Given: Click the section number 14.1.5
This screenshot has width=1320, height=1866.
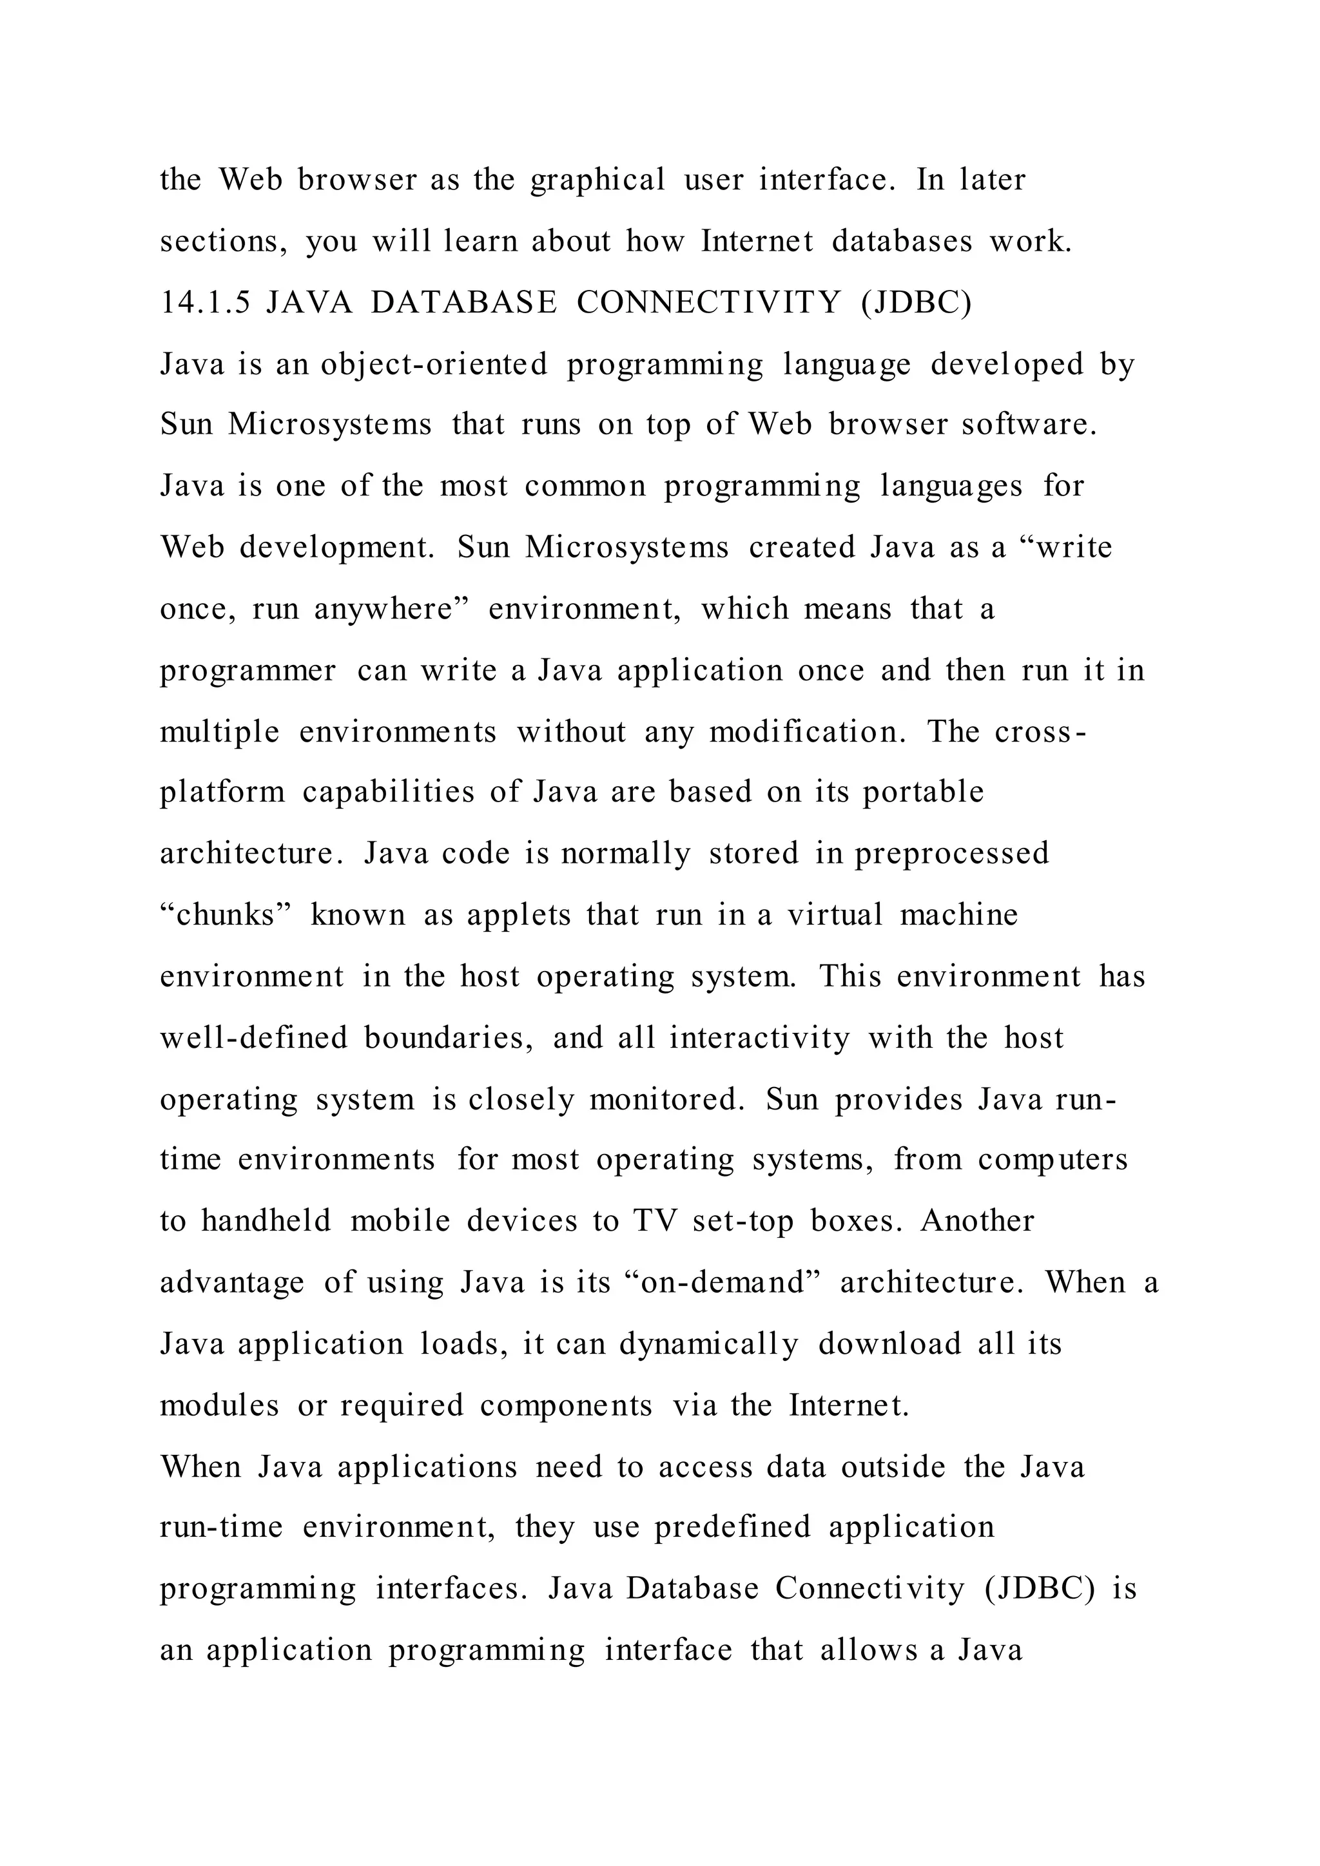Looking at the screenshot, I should [205, 303].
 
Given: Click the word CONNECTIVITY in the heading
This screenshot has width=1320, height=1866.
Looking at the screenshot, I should [709, 303].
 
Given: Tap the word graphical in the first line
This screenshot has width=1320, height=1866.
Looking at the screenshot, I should [597, 180].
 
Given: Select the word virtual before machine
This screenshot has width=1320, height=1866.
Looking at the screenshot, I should [835, 915].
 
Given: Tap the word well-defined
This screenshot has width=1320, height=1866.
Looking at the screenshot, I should [253, 1038].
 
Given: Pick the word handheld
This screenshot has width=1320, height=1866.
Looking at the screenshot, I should [266, 1222].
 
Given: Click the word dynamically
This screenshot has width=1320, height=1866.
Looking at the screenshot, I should [709, 1344].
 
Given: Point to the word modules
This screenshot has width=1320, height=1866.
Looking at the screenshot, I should [219, 1405].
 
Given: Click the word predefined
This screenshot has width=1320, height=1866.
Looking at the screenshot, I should [732, 1527].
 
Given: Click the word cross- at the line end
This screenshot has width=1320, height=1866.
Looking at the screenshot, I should [1040, 732].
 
